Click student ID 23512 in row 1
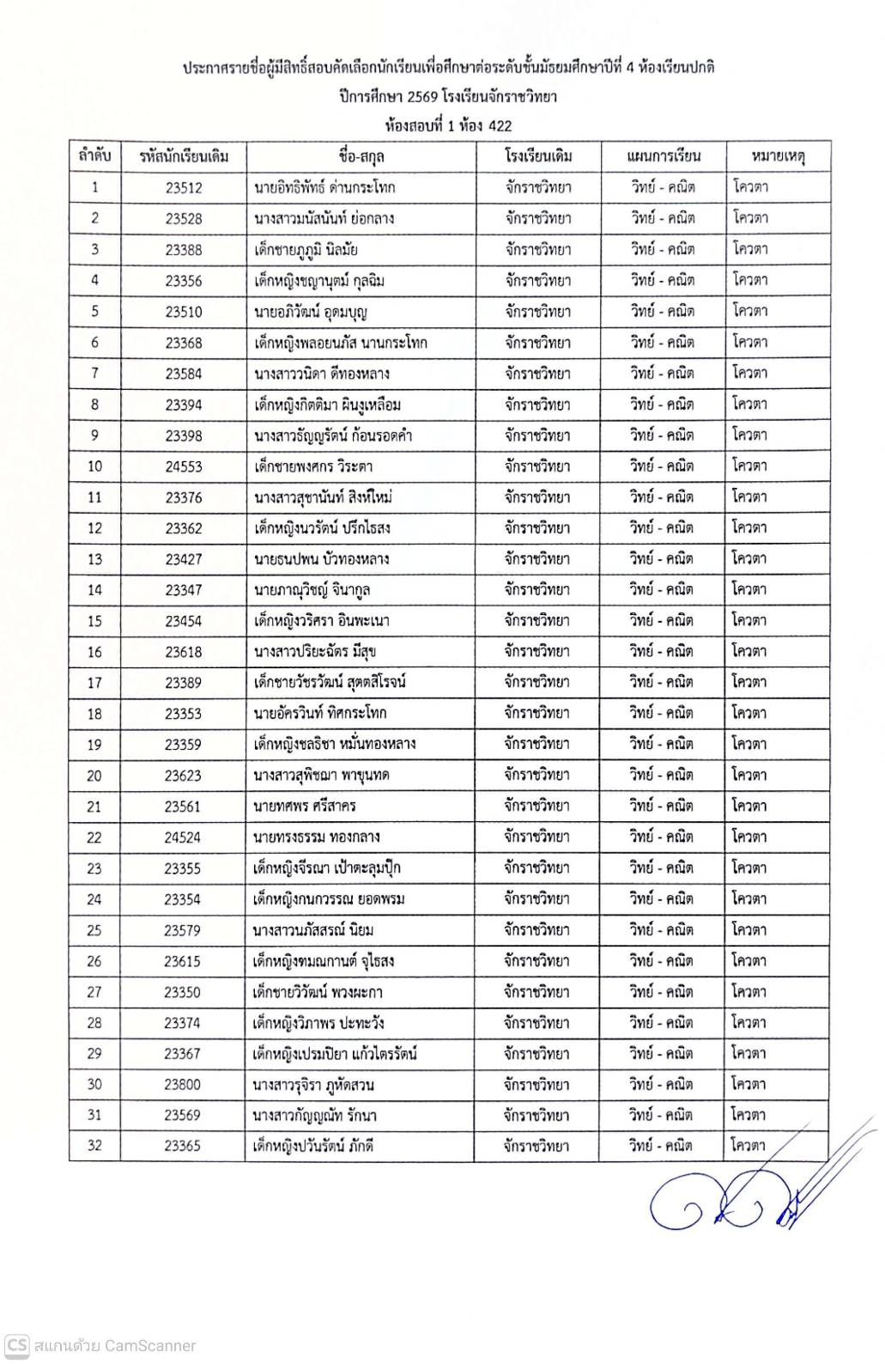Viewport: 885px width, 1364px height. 184,187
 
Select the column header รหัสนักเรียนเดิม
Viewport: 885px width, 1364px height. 184,156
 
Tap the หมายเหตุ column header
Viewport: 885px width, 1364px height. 778,156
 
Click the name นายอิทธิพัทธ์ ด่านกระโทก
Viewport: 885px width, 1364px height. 324,187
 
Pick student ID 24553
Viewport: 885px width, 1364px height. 184,466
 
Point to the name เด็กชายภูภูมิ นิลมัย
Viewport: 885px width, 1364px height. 306,250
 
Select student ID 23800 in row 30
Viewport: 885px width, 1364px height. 183,1085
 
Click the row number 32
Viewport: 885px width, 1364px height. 94,1147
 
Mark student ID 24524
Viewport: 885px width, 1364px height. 183,837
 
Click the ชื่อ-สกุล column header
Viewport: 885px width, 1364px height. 361,156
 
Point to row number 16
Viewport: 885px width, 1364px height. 94,652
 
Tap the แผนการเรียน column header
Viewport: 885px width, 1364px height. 663,156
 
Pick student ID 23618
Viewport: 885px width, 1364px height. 184,652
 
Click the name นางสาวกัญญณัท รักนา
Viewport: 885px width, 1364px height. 315,1116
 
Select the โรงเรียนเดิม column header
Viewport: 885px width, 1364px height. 538,156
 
